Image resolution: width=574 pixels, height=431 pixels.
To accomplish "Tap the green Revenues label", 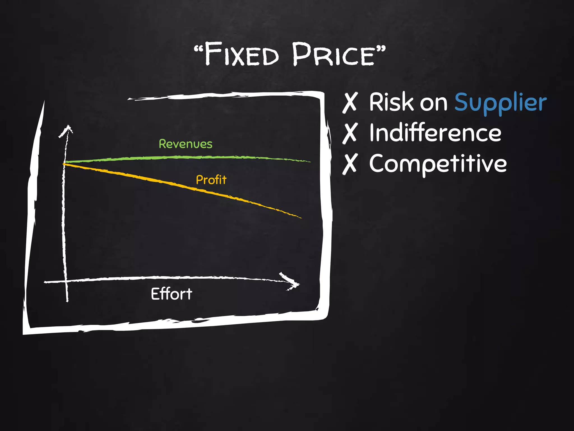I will coord(186,144).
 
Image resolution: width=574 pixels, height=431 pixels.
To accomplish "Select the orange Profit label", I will coord(211,180).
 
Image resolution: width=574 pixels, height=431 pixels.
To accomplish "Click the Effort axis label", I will coord(172,294).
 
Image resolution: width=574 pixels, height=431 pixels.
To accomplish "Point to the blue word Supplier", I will coord(500,103).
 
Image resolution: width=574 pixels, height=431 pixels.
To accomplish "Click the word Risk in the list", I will coord(391,102).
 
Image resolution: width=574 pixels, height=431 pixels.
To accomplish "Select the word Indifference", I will coord(435,133).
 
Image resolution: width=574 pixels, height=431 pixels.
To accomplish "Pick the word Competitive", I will coord(438,164).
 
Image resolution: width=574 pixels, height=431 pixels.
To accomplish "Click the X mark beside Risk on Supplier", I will coord(350,103).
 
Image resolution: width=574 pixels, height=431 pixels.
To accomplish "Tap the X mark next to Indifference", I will coord(350,133).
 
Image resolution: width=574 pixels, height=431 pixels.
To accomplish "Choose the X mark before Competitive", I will coord(350,164).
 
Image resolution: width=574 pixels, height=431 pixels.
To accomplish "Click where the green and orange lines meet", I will coord(64,163).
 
